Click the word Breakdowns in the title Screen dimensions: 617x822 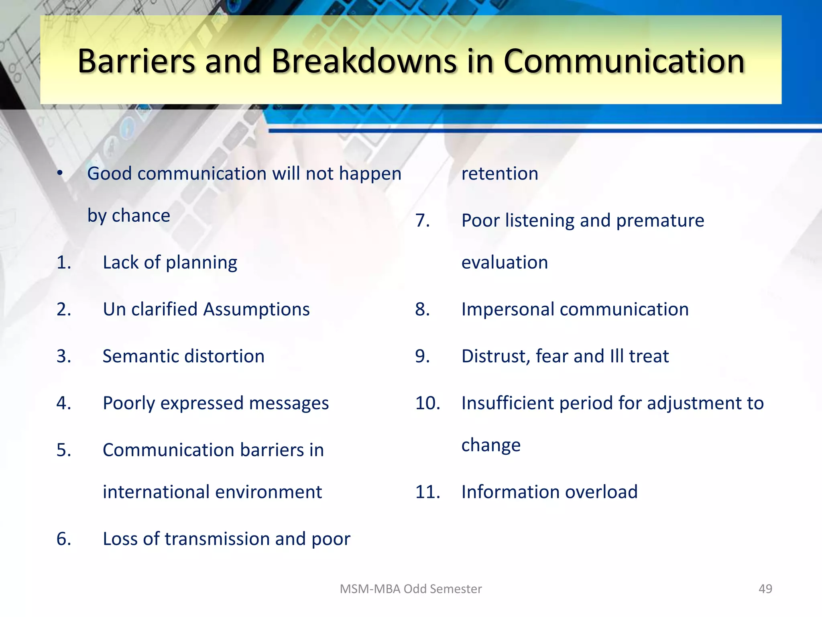point(364,61)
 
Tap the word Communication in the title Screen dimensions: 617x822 point(624,61)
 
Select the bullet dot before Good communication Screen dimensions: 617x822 point(60,174)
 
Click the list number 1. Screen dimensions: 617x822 point(63,263)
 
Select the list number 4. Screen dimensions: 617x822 point(63,403)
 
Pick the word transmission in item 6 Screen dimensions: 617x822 point(217,539)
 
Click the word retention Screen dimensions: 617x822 point(499,174)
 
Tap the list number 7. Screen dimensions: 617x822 point(422,221)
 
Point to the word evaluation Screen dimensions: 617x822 point(504,263)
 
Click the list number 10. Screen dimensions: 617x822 point(427,403)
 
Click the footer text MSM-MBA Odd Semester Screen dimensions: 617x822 point(410,589)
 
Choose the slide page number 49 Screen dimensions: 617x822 point(765,589)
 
